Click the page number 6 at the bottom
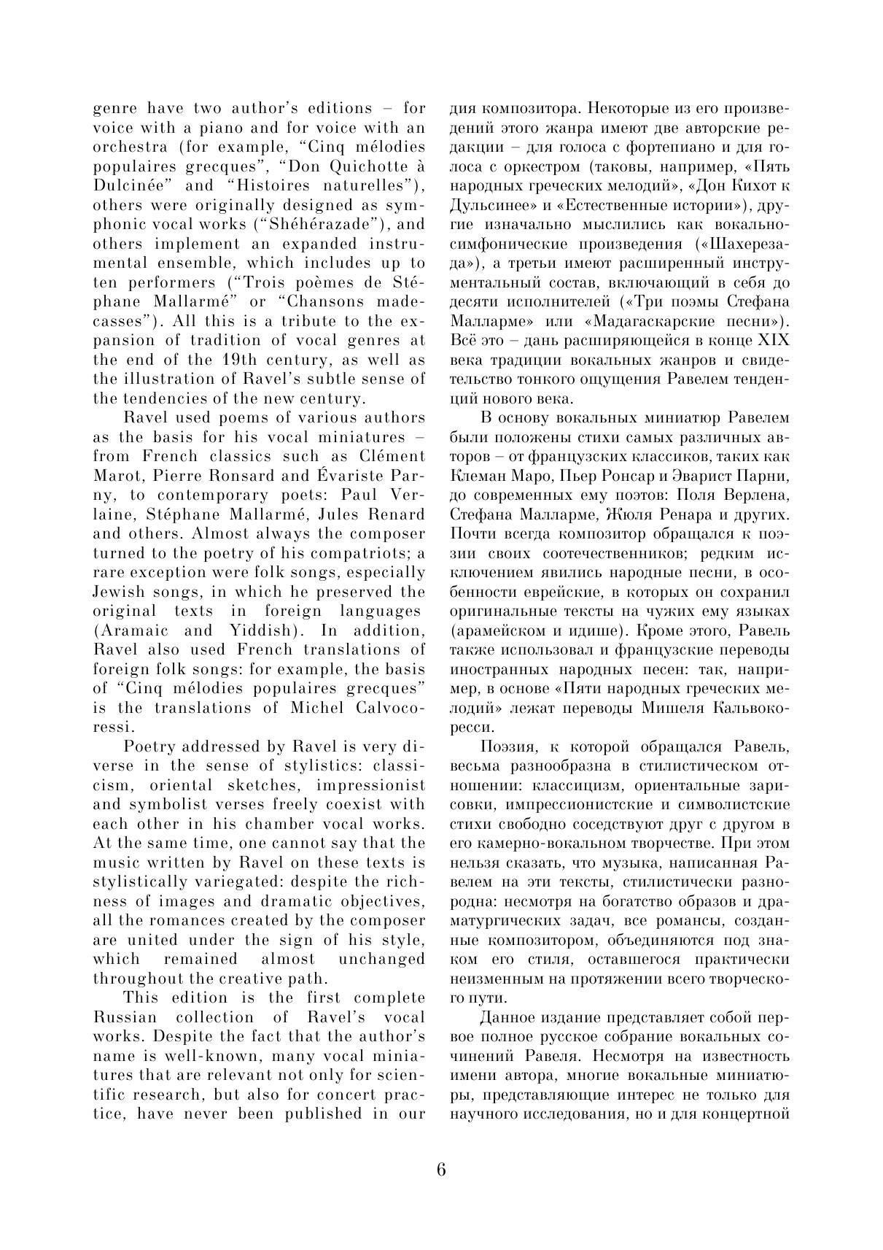(440, 1169)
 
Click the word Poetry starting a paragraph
(152, 746)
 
